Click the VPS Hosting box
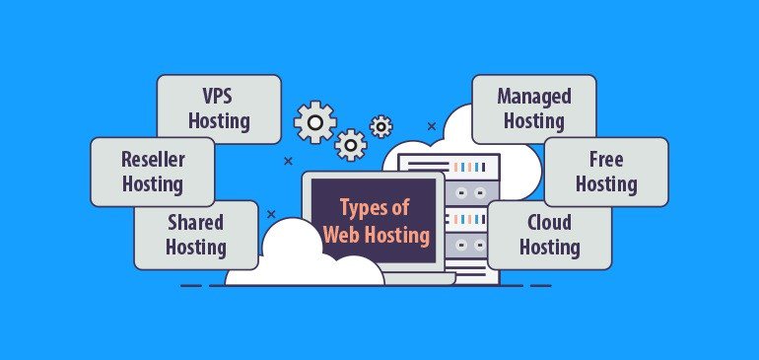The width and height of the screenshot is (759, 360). (x=219, y=108)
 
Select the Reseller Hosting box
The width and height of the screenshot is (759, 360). (x=152, y=171)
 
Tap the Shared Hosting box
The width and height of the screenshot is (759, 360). (x=195, y=234)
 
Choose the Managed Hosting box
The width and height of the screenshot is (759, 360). (x=533, y=108)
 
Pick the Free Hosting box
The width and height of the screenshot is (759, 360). (x=606, y=171)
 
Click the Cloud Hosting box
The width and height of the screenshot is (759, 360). (x=549, y=234)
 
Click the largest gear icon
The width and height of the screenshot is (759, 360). (x=314, y=122)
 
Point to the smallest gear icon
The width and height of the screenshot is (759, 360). (x=380, y=126)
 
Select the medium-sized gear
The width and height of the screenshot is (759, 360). (x=350, y=145)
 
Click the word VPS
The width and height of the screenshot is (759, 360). (x=219, y=96)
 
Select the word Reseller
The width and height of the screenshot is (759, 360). (x=152, y=158)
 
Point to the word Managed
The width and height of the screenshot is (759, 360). (x=533, y=96)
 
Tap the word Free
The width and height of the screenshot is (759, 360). (x=606, y=158)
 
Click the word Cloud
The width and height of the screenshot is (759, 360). (x=549, y=221)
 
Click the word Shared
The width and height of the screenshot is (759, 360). (x=195, y=221)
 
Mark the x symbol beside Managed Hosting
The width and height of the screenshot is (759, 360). (x=431, y=126)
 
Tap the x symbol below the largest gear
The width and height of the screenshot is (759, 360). (x=288, y=160)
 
